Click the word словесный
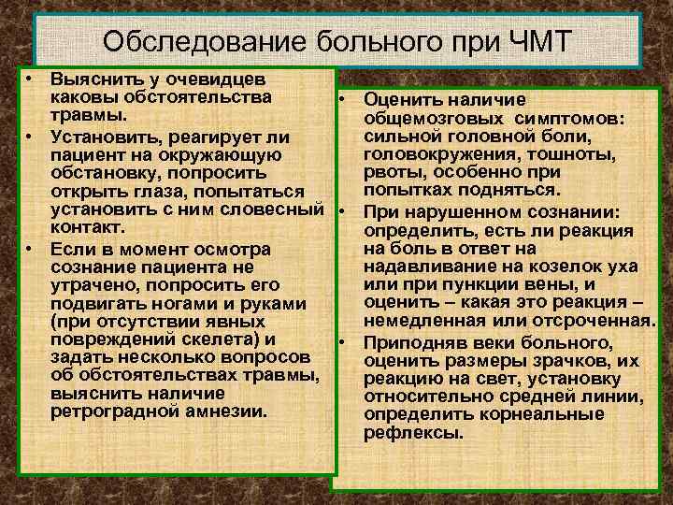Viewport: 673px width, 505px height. click(x=279, y=209)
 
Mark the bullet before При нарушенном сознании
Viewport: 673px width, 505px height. click(x=344, y=209)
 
